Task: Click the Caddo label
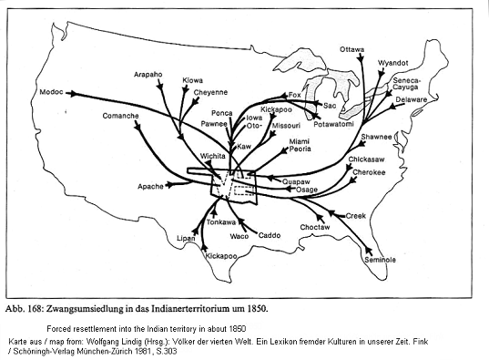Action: point(270,236)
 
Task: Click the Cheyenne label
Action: point(210,91)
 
